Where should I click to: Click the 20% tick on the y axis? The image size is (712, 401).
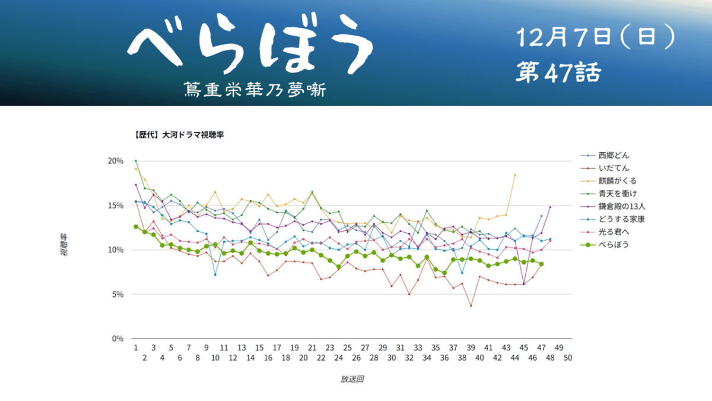[116, 161]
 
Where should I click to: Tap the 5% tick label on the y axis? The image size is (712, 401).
[117, 294]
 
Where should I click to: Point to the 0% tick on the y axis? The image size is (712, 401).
[117, 339]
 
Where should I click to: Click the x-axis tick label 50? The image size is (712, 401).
[568, 358]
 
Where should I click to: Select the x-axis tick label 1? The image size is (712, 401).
[136, 348]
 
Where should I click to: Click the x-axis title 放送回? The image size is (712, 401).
[352, 379]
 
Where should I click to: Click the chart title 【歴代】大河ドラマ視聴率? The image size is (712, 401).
[179, 135]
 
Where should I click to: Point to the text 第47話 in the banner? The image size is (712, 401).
[558, 74]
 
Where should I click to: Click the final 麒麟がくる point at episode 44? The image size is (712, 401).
[515, 175]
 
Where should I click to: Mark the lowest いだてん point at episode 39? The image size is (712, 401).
[471, 306]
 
